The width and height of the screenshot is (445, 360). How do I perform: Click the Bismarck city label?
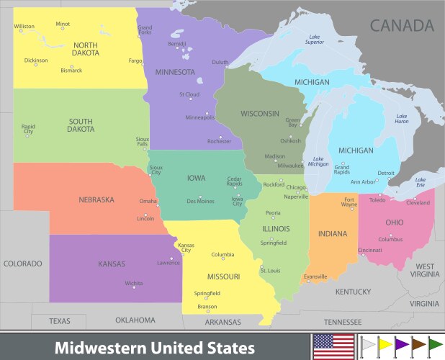click(71, 71)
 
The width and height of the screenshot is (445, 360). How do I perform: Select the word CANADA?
click(402, 26)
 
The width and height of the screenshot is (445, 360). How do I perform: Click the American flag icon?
click(333, 346)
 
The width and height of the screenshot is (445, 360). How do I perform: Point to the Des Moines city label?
click(201, 202)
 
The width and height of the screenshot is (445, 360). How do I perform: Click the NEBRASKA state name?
click(96, 199)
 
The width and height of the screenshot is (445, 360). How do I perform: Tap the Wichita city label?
click(133, 284)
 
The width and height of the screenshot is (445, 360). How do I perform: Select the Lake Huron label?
click(401, 119)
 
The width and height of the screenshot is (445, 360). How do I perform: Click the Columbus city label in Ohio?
click(390, 239)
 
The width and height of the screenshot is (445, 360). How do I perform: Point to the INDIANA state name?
click(333, 233)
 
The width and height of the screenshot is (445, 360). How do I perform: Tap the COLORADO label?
click(23, 264)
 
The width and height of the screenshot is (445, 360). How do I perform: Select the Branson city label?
click(207, 307)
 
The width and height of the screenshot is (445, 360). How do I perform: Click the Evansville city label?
click(315, 276)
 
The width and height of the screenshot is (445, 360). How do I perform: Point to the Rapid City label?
click(28, 129)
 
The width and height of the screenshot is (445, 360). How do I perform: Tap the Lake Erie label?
click(421, 182)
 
